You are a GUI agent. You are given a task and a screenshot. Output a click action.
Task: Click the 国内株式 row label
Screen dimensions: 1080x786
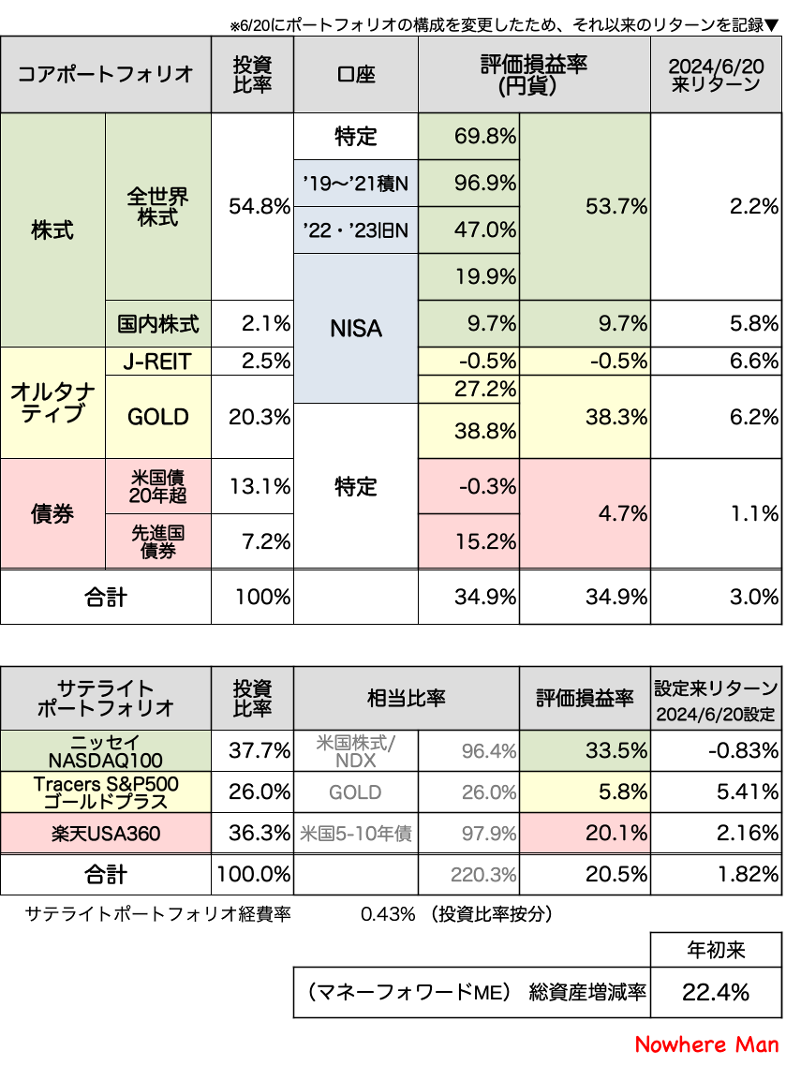(158, 324)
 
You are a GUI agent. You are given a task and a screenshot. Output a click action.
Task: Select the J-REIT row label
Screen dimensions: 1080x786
(158, 362)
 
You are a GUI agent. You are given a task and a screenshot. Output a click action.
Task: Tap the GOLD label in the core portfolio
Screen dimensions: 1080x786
(158, 417)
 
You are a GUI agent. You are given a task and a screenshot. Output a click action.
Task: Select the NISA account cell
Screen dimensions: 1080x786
(356, 328)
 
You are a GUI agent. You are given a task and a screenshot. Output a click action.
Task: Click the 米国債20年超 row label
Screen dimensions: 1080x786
(158, 486)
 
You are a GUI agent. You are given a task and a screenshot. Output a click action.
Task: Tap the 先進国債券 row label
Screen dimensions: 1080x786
(158, 541)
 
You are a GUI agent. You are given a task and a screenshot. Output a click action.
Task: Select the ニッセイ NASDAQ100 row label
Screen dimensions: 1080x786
(106, 750)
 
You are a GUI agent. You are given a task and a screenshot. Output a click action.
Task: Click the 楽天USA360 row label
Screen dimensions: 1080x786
(106, 832)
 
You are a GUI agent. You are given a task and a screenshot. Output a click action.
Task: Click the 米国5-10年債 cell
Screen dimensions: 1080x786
(356, 832)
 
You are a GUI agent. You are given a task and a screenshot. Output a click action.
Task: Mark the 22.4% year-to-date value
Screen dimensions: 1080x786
(716, 991)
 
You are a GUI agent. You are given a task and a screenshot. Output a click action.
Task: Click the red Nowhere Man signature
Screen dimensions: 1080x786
(706, 1044)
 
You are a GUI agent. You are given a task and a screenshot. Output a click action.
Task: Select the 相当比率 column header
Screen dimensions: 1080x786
(406, 699)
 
